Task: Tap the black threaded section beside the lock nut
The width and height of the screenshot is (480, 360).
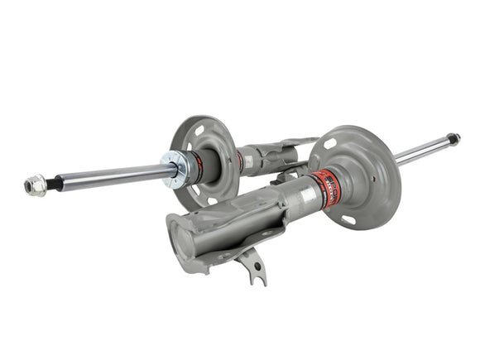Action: (x=52, y=183)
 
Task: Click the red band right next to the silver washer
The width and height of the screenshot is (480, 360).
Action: (x=195, y=164)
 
